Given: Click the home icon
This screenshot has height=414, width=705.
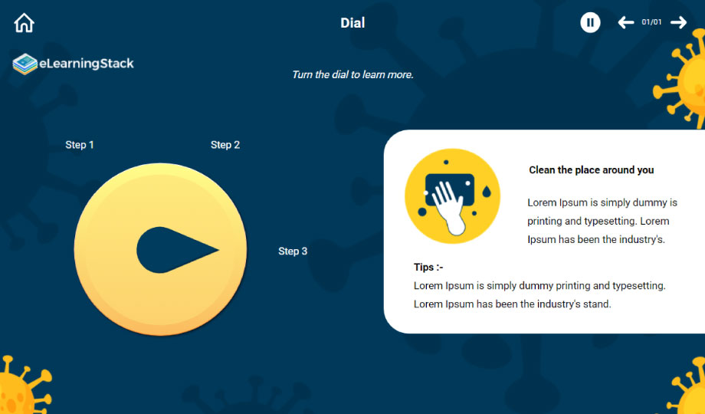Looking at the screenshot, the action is click(x=25, y=23).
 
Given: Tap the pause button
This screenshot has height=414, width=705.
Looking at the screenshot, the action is click(x=590, y=22).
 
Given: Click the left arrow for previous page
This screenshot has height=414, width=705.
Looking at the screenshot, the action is click(x=626, y=22).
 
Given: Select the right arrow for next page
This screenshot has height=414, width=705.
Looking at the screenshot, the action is click(x=678, y=22).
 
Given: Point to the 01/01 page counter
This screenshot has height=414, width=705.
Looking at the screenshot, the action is click(x=651, y=22).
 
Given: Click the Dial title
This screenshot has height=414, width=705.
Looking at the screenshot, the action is click(x=352, y=23).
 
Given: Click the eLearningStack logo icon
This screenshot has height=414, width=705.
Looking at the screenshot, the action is click(x=25, y=64).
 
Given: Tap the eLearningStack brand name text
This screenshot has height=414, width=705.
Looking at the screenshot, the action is click(x=87, y=64).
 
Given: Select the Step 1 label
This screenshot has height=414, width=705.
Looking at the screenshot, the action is click(x=80, y=145).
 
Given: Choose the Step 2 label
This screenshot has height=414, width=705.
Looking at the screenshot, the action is click(x=225, y=145).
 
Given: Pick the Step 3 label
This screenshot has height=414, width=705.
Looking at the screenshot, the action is click(x=293, y=251).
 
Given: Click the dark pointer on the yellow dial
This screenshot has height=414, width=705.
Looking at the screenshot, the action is click(x=178, y=250).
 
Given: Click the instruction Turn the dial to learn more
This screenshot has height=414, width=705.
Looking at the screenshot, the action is click(x=352, y=74).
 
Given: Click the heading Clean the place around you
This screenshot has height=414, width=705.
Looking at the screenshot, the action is click(x=592, y=170).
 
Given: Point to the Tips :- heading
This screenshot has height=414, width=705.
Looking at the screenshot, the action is click(x=428, y=268).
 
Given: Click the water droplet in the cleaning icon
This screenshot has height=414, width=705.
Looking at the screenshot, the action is click(x=486, y=191).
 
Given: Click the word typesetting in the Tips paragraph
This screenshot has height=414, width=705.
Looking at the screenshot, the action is click(x=638, y=286).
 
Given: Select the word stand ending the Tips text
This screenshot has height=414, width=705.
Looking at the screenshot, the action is click(x=597, y=304).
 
